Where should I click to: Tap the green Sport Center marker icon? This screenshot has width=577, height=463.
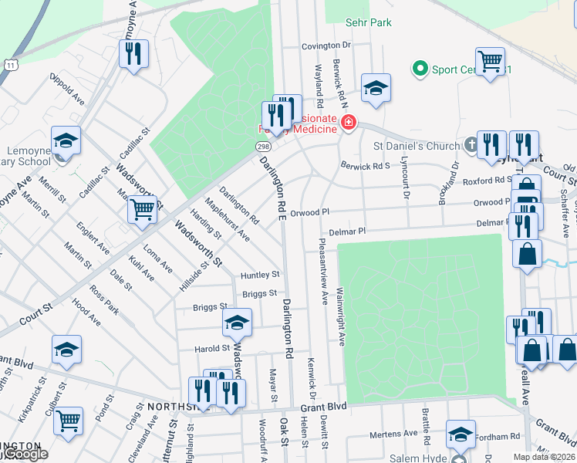coord(420,70)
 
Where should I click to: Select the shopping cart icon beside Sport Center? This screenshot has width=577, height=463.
coord(491,60)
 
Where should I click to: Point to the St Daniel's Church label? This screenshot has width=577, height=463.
coord(417,145)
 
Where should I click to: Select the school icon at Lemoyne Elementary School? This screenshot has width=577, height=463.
coord(66,142)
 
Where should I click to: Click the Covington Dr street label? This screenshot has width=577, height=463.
coord(326,46)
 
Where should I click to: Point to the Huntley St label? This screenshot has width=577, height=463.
coord(259,275)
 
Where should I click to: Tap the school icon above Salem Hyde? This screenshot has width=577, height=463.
coord(461,436)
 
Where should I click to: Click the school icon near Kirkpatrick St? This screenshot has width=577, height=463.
coord(67,350)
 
